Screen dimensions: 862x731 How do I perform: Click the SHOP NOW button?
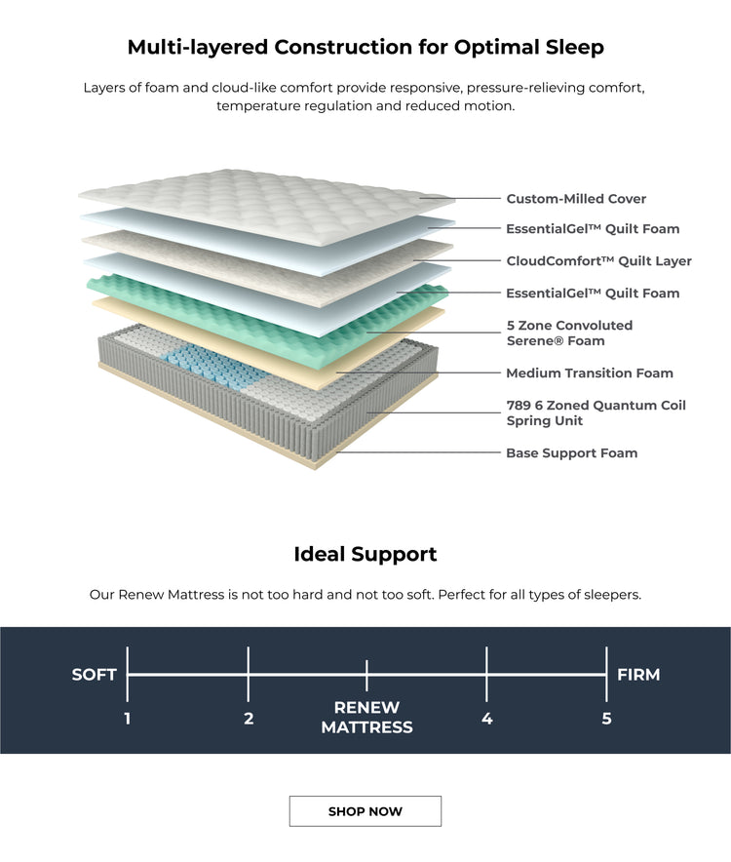coord(365,811)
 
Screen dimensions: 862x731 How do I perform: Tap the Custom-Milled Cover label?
coord(576,199)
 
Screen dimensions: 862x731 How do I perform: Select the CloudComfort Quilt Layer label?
coord(598,261)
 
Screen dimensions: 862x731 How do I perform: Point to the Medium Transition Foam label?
coord(589,373)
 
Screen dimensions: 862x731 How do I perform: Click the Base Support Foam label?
coord(571,453)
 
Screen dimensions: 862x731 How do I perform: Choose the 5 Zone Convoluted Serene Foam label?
coord(569,333)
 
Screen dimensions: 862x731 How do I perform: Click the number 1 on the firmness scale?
coord(128,720)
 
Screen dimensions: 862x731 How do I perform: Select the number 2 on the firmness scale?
coord(249,720)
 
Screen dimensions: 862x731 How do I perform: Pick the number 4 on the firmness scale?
coord(487,720)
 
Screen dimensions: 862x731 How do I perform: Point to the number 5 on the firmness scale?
coord(606,720)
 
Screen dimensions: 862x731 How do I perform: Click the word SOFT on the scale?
coord(95,675)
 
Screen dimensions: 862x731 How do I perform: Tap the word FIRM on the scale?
coord(638,675)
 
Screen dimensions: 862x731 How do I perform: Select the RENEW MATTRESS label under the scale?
coord(366,718)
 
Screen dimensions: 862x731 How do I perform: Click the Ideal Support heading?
coord(365,555)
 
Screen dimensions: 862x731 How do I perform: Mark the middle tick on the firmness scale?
coord(366,675)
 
